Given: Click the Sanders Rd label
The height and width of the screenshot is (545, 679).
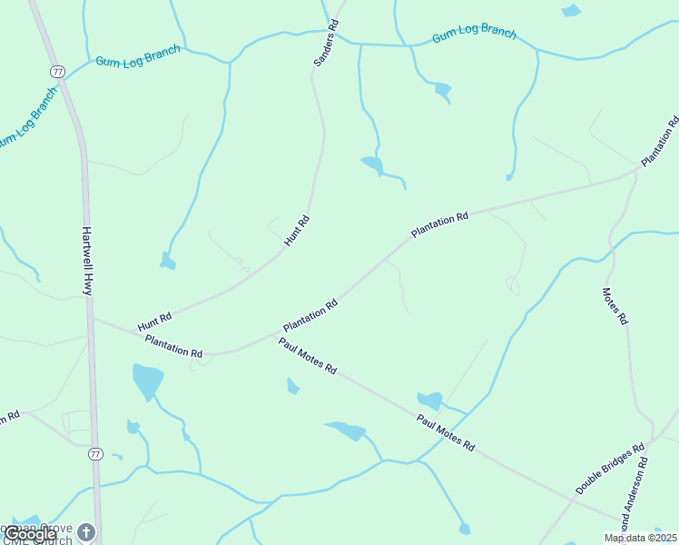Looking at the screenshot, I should (x=325, y=43).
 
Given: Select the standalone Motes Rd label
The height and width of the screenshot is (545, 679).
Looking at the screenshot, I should (x=615, y=306).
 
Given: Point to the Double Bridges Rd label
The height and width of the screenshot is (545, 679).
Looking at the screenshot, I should (x=610, y=469).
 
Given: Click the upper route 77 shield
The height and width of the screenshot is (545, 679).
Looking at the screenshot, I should (x=57, y=70).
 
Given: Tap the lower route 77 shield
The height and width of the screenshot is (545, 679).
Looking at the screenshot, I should (x=94, y=453).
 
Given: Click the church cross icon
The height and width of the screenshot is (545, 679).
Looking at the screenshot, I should (x=86, y=531).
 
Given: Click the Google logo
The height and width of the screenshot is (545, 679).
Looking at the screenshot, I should (x=30, y=535).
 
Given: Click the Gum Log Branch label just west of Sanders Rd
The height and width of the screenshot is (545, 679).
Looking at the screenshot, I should (x=138, y=56).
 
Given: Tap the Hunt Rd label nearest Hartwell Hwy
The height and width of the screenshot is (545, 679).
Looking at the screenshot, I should (x=154, y=322).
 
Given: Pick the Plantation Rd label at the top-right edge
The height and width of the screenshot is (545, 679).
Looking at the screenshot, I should (x=660, y=141).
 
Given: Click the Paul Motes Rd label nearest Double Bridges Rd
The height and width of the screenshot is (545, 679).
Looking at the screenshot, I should (x=446, y=433).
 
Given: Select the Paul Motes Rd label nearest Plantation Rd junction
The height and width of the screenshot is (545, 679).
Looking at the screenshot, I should (x=308, y=356).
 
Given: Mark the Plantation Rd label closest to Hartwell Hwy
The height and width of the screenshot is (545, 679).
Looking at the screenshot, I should (x=173, y=346).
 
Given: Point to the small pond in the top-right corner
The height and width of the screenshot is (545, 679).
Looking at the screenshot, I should (x=570, y=11).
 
